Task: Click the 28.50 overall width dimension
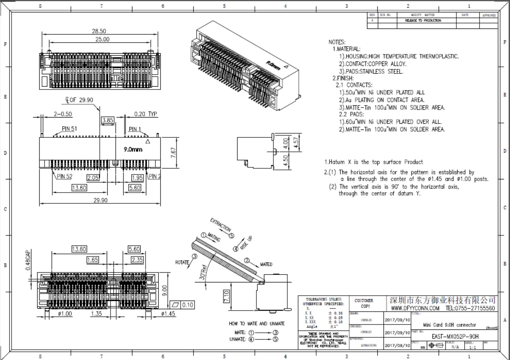[x=99, y=31]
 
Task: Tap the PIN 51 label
[x=70, y=129]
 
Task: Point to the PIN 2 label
[x=155, y=176]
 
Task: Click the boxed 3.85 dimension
[x=107, y=120]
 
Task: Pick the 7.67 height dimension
[x=174, y=153]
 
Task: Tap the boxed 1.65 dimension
[x=93, y=260]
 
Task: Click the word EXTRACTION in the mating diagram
[x=221, y=224]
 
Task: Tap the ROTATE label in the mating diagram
[x=182, y=262]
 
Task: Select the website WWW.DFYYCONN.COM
[x=415, y=308]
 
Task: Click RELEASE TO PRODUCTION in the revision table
[x=423, y=20]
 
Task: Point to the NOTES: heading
[x=337, y=42]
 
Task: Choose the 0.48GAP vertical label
[x=28, y=260]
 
